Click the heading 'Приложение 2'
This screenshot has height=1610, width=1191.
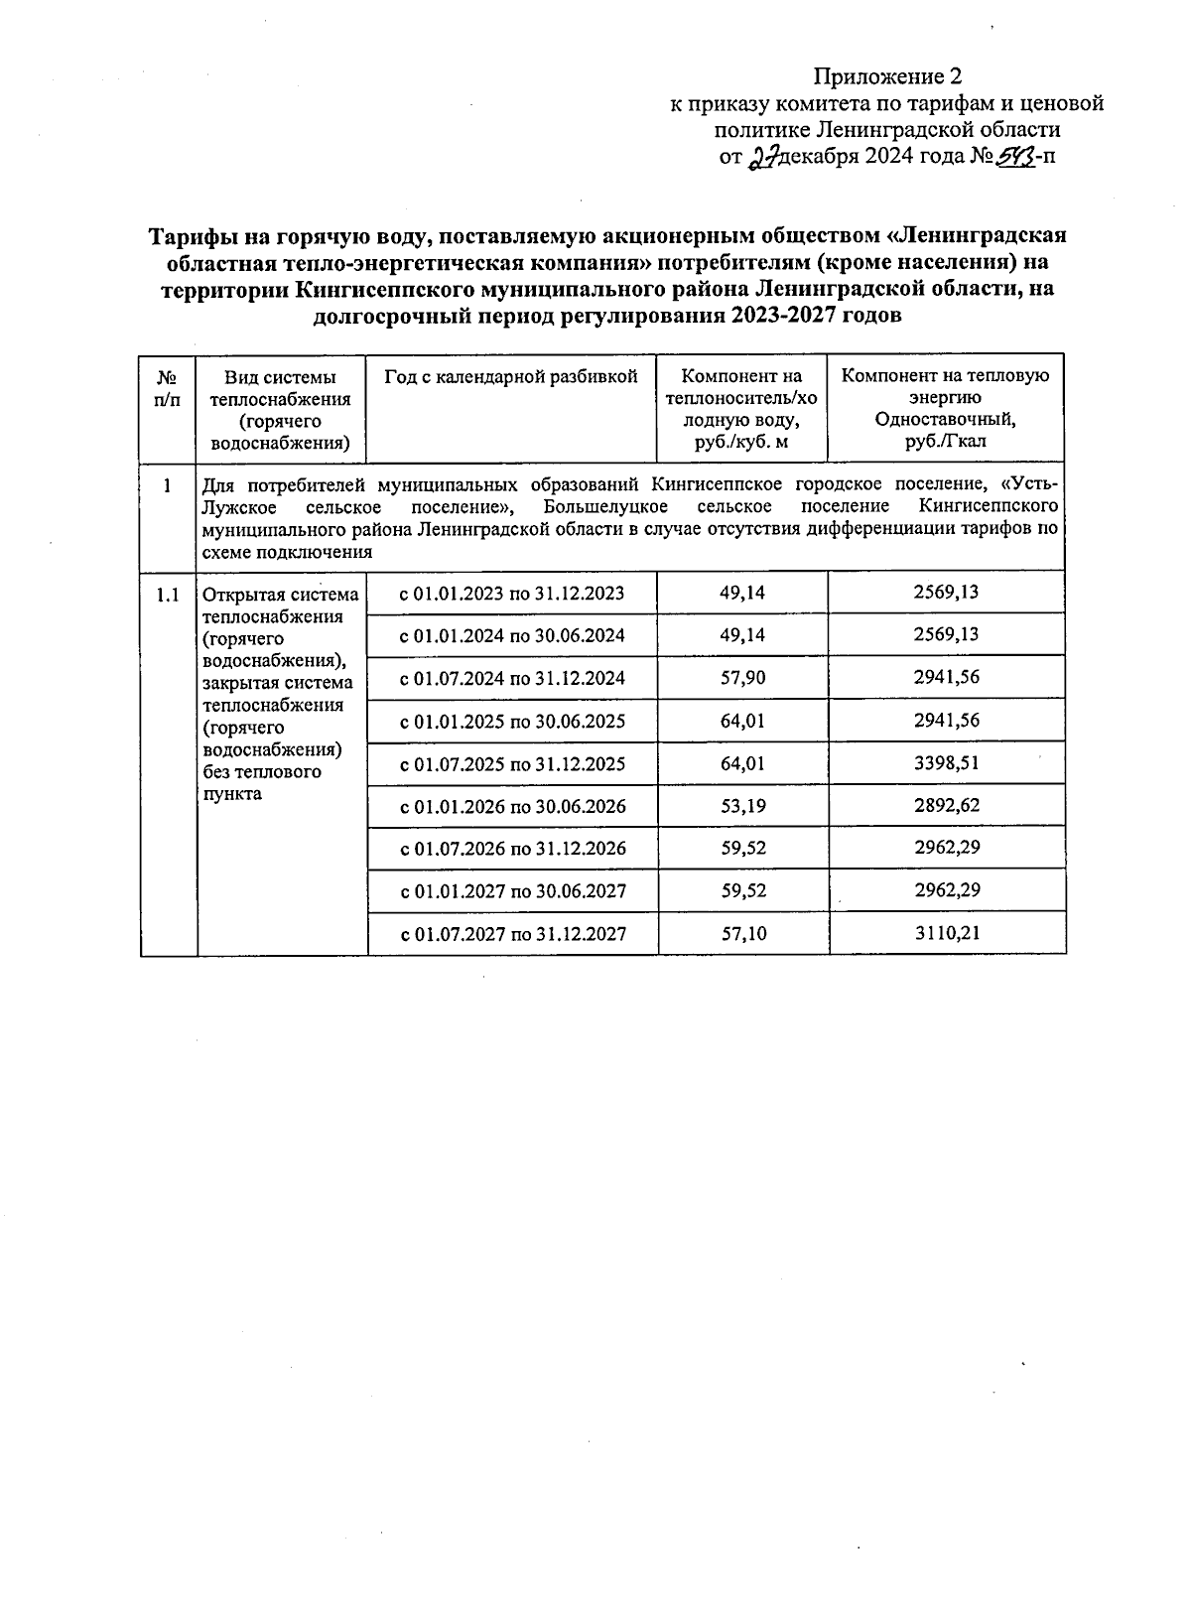(x=887, y=76)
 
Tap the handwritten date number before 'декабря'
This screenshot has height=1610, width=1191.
(x=762, y=157)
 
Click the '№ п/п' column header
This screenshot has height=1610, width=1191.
(x=168, y=388)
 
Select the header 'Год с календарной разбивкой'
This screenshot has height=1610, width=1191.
(x=511, y=376)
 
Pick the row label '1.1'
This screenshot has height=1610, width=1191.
(x=168, y=595)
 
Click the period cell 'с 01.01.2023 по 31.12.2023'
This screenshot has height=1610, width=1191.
(x=511, y=594)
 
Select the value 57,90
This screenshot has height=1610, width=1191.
(x=742, y=678)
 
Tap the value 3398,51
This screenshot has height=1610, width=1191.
(x=946, y=763)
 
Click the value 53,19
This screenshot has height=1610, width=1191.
(x=742, y=805)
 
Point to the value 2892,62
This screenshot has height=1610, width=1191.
(x=946, y=805)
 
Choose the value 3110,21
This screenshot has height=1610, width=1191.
(x=946, y=933)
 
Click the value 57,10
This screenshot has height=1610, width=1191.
(x=742, y=933)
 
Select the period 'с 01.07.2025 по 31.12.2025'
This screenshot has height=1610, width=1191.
(x=511, y=763)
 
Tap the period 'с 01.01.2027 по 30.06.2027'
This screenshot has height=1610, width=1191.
(x=512, y=890)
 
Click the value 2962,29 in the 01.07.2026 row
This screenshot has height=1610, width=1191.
(x=946, y=848)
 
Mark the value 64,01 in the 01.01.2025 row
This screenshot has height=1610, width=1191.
(x=742, y=721)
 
